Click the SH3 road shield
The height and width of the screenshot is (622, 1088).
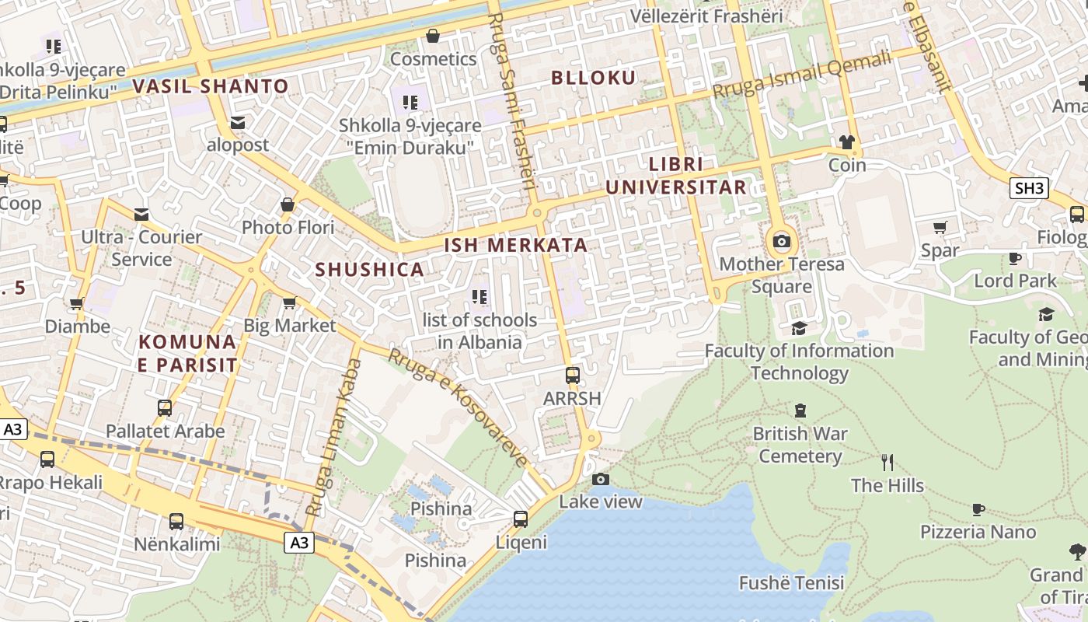click(1029, 188)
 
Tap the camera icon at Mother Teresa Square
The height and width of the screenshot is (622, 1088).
click(782, 241)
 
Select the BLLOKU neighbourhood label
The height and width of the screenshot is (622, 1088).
click(594, 77)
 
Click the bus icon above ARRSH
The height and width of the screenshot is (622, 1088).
click(573, 376)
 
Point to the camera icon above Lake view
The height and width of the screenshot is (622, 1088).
click(600, 479)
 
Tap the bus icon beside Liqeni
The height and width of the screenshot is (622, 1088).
click(521, 519)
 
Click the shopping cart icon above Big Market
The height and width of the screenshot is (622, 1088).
click(289, 302)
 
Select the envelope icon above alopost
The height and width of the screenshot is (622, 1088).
click(238, 123)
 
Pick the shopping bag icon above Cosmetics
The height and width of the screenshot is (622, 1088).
click(433, 36)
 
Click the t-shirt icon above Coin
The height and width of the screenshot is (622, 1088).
click(846, 142)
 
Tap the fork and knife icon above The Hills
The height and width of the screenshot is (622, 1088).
click(887, 463)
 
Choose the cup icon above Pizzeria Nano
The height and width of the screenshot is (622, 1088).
click(978, 509)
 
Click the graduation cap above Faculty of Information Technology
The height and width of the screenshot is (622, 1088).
click(799, 328)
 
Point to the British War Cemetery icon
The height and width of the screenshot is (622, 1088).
click(800, 411)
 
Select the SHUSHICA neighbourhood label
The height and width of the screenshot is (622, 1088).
click(369, 270)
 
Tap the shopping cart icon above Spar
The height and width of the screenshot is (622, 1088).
click(940, 228)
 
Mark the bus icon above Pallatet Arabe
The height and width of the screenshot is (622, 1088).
click(165, 408)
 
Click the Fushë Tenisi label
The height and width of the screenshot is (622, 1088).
click(791, 582)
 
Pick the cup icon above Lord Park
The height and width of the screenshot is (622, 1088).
click(1014, 258)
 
